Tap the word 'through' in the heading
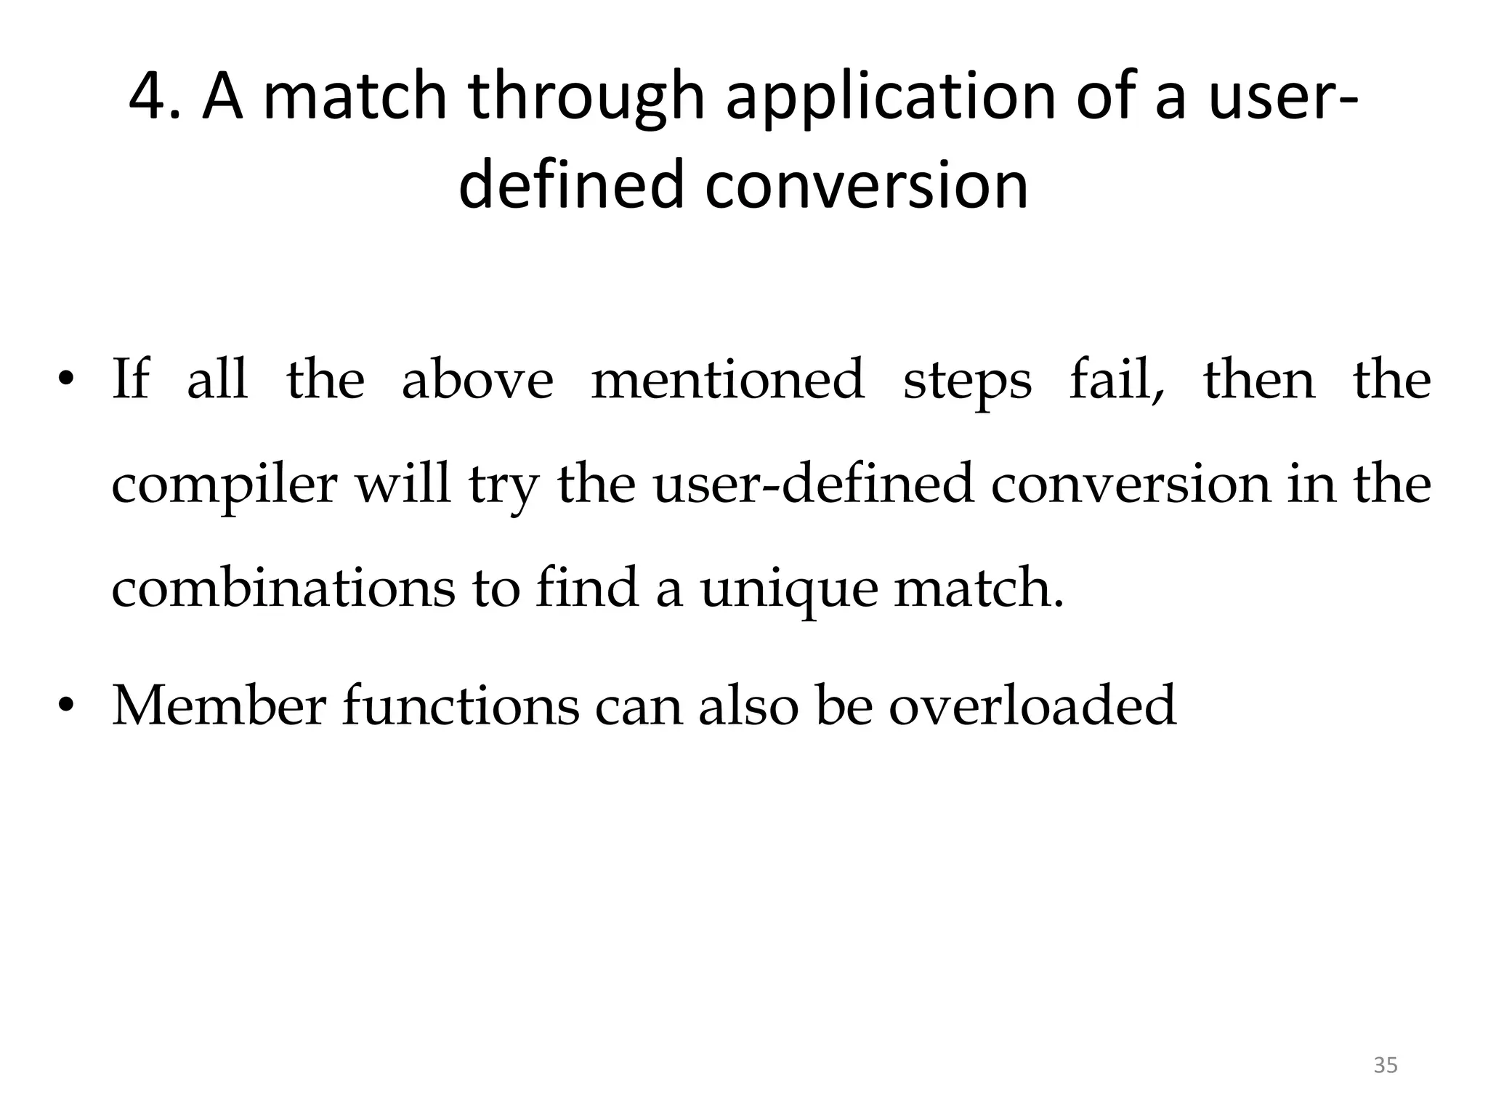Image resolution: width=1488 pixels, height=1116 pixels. [586, 97]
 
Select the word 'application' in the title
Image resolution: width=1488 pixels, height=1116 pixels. [891, 97]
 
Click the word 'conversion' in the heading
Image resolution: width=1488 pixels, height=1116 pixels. [866, 185]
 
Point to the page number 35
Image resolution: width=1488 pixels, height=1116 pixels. [1386, 1066]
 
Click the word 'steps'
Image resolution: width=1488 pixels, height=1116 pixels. [966, 382]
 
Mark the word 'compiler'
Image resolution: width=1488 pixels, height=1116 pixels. [224, 485]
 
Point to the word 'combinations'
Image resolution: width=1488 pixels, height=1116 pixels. [283, 587]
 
